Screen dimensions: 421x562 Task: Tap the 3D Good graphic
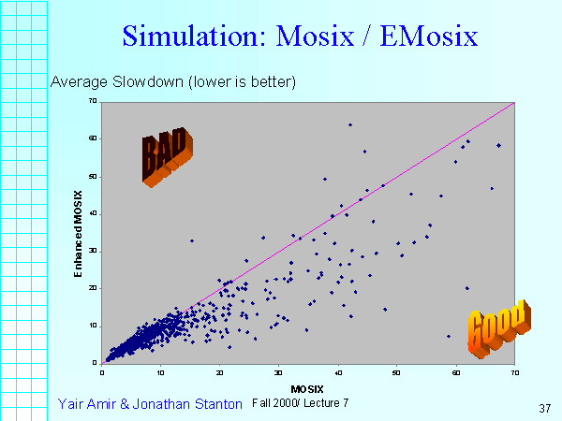[496, 327]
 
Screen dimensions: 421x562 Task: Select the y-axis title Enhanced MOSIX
[81, 231]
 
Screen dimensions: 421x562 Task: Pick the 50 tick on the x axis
[396, 371]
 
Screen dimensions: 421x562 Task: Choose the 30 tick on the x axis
[278, 371]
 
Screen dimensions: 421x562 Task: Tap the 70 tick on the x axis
[514, 371]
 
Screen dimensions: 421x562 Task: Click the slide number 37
[544, 408]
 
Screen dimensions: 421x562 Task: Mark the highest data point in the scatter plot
[350, 124]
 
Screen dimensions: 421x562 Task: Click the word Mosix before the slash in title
[319, 36]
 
